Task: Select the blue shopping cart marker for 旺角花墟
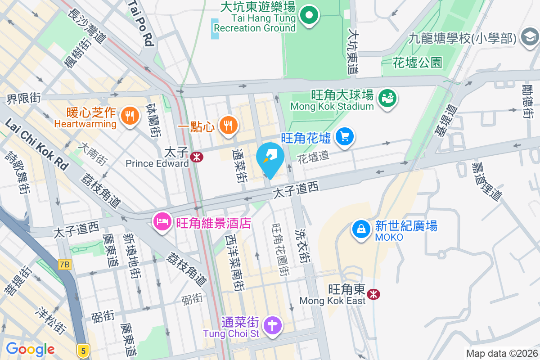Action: pos(345,136)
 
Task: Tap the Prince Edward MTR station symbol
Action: pos(196,157)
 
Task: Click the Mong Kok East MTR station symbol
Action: pos(373,294)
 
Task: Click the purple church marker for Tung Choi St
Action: pos(273,325)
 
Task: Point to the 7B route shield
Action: pos(64,265)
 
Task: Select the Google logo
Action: pos(30,349)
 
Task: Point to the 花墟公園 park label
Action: pos(417,63)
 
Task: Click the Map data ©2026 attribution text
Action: pos(501,354)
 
